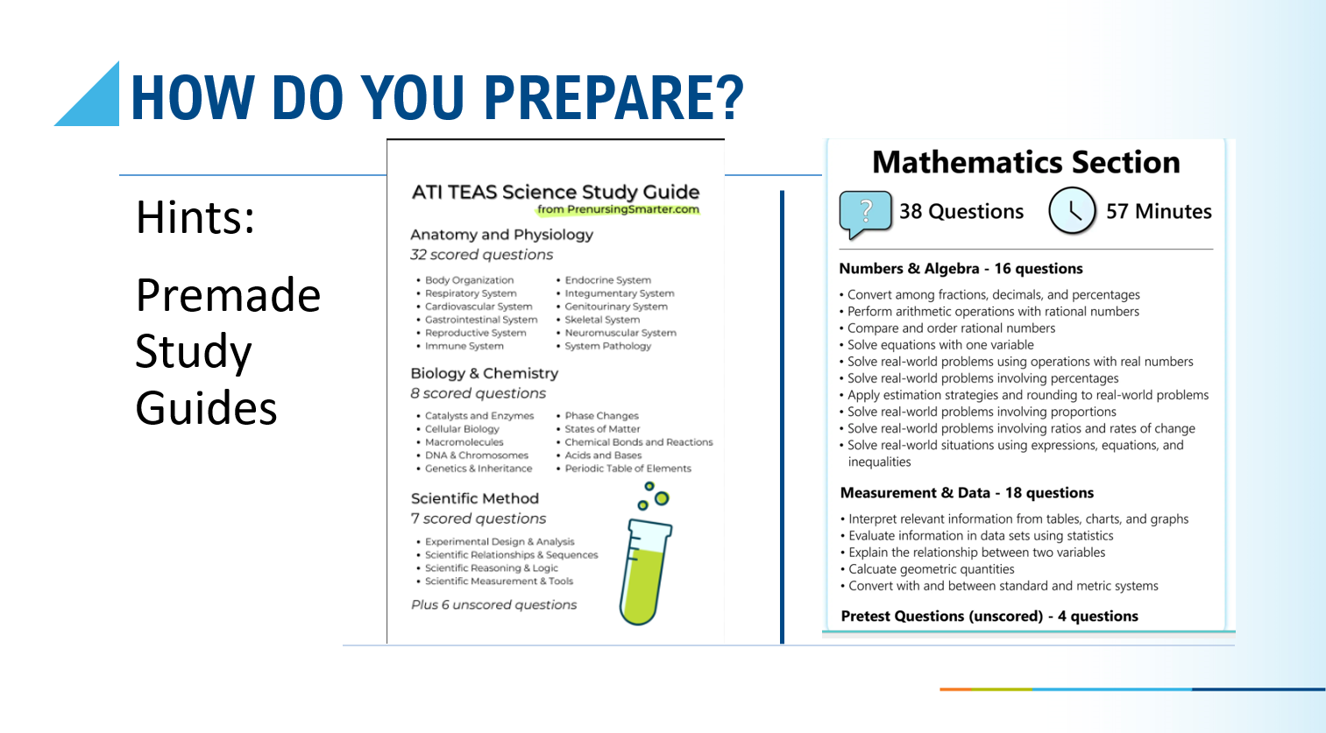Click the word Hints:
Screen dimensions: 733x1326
click(x=195, y=217)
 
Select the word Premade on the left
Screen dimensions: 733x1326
click(x=228, y=296)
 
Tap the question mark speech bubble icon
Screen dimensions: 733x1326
click(x=865, y=213)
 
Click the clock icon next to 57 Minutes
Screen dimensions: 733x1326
click(x=1072, y=211)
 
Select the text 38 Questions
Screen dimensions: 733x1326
click(x=961, y=212)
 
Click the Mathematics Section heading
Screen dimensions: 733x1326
click(x=1025, y=162)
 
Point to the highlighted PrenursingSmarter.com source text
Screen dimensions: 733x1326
click(x=618, y=209)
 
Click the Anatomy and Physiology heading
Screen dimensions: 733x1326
click(x=501, y=235)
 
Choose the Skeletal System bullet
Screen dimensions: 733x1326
click(x=602, y=320)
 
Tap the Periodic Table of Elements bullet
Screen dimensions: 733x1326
click(x=628, y=469)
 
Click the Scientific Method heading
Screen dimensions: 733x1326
click(x=474, y=498)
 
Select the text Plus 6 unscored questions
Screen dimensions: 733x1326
click(x=493, y=605)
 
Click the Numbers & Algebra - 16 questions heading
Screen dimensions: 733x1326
click(x=961, y=269)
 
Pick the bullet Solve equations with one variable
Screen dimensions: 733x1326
click(x=940, y=345)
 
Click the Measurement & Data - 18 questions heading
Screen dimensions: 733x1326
click(x=967, y=493)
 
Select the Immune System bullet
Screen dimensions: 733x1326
click(x=464, y=346)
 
